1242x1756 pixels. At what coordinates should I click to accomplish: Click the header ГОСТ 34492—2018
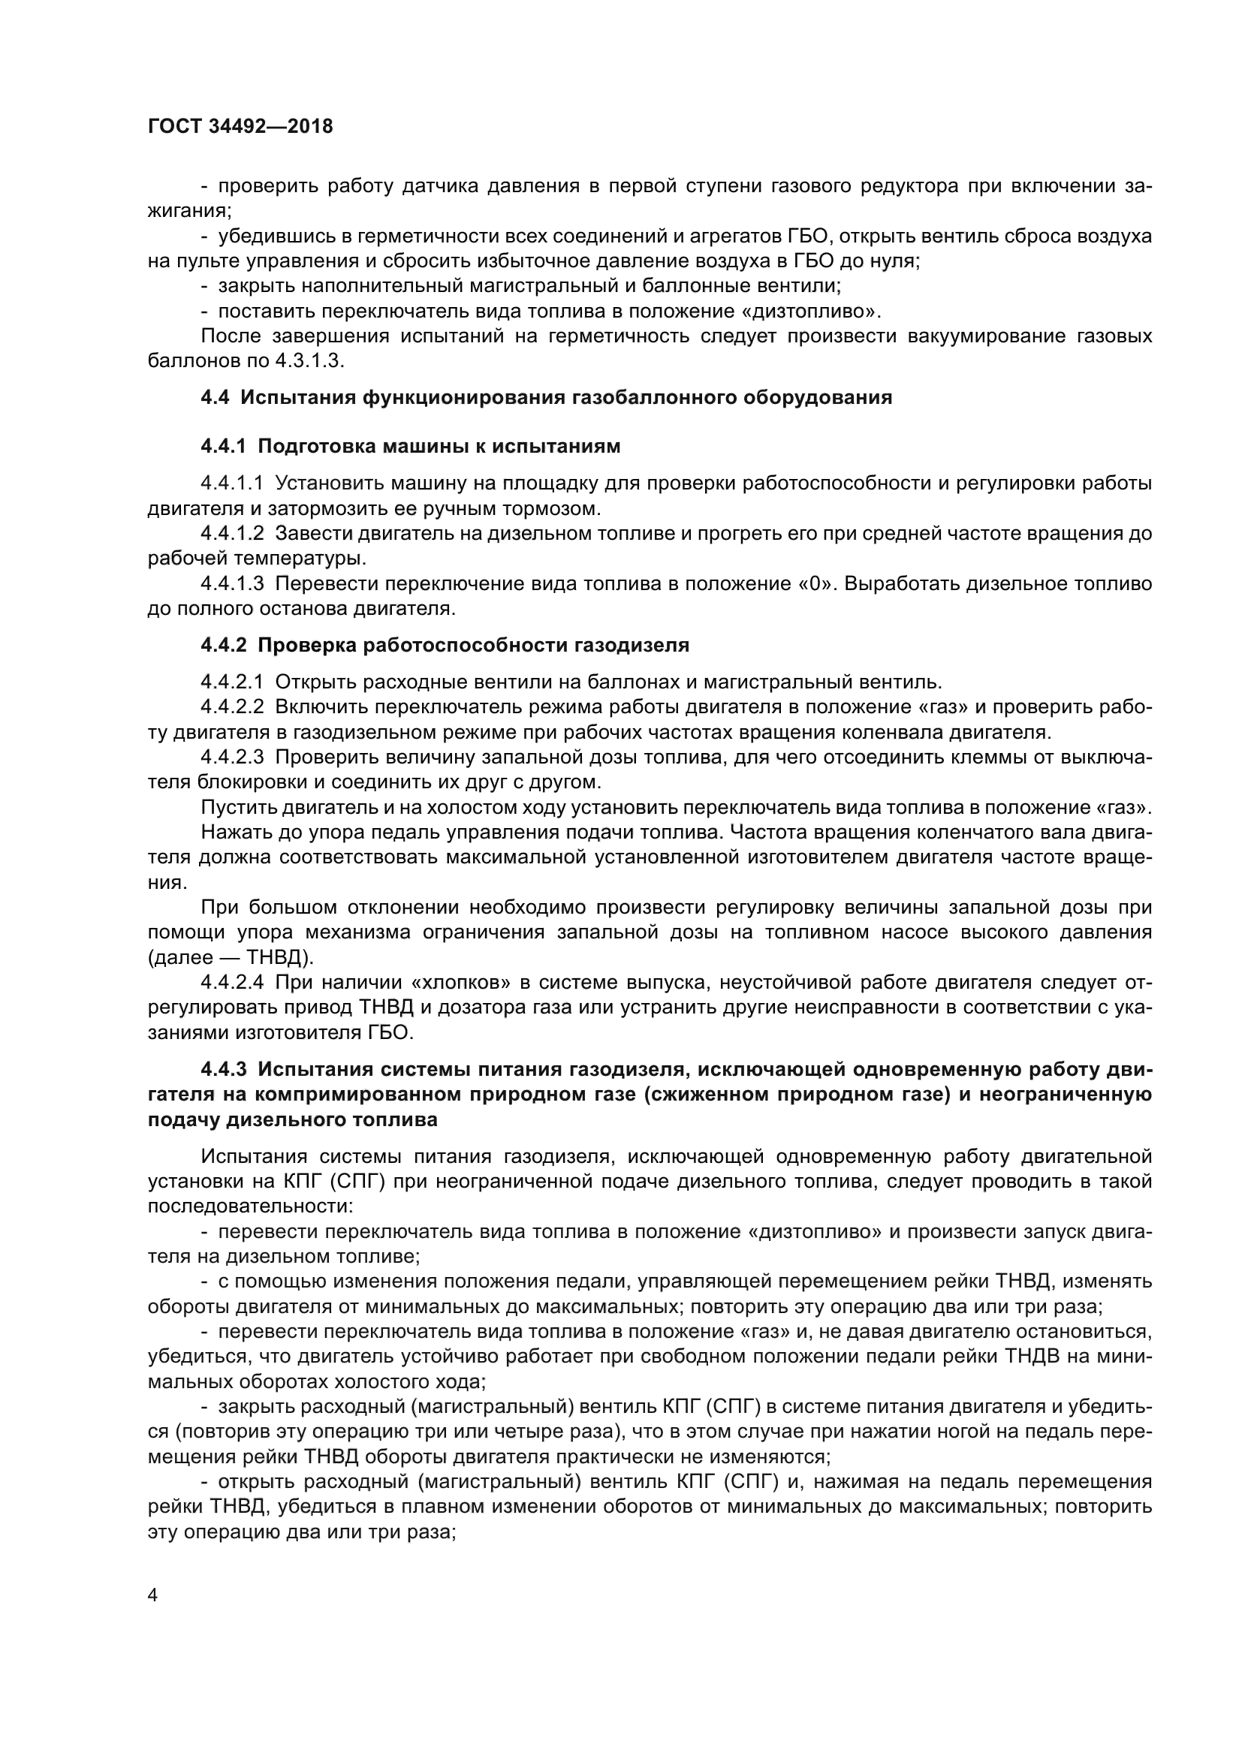tap(240, 127)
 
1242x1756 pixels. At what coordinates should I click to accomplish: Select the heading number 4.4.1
tap(224, 446)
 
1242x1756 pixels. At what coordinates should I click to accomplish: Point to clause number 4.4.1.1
tap(232, 483)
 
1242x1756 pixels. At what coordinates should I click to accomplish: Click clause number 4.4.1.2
tap(232, 533)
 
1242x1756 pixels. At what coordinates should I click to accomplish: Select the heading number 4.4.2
tap(224, 645)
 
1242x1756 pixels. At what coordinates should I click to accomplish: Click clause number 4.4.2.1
tap(232, 682)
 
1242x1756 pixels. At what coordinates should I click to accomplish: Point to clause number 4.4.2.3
tap(232, 757)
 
